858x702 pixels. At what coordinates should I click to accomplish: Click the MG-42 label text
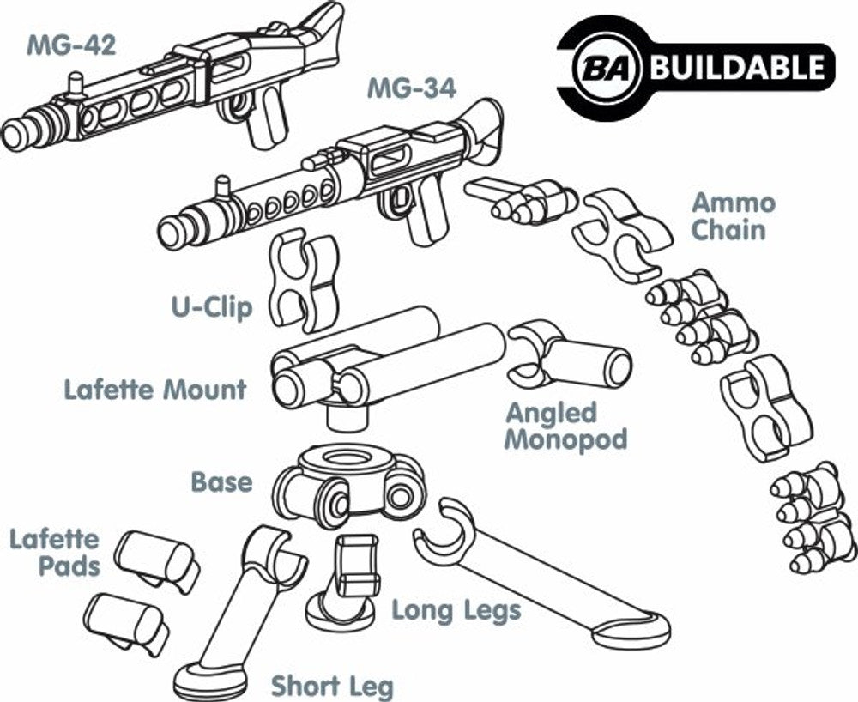(x=70, y=45)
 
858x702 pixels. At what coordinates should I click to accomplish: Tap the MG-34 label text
(x=411, y=88)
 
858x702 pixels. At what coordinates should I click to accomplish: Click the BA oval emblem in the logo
(x=608, y=68)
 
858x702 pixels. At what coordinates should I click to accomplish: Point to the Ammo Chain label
(x=733, y=216)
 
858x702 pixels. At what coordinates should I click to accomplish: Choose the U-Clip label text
(x=211, y=306)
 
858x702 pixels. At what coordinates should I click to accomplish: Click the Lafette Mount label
(x=155, y=390)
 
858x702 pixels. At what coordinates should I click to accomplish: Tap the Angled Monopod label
(x=564, y=426)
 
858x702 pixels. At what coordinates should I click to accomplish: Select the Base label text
(x=222, y=481)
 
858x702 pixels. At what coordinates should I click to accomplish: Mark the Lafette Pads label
(x=54, y=553)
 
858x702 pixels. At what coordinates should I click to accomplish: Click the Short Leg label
(x=332, y=686)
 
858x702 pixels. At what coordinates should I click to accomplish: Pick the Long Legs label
(x=456, y=611)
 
